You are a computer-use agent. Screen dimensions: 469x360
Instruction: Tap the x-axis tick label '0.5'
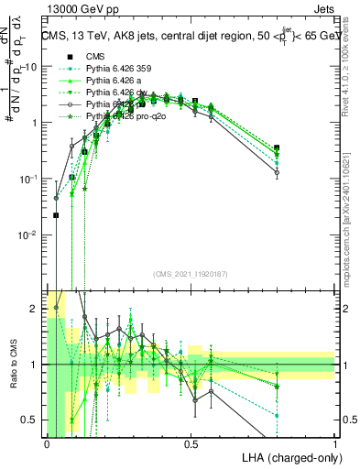(x=191, y=443)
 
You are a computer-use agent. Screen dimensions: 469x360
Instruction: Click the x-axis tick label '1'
(x=335, y=443)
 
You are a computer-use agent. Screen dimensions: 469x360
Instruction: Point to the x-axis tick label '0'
(x=47, y=443)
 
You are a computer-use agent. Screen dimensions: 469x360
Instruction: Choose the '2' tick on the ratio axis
(x=33, y=309)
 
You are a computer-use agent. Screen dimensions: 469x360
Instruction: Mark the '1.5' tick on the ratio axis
(x=29, y=336)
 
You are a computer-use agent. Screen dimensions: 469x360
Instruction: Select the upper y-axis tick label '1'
(x=34, y=122)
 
